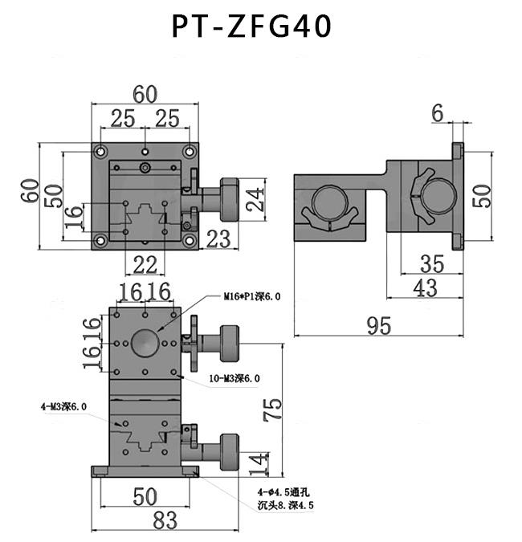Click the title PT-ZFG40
pos(251,26)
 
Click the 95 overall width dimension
pos(379,325)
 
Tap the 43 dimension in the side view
pos(425,288)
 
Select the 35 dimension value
pos(432,264)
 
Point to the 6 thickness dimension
pos(438,113)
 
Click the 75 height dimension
pos(273,410)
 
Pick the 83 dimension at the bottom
pos(165,520)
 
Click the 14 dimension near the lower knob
pos(259,464)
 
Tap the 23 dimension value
pos(218,238)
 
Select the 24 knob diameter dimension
pos(255,199)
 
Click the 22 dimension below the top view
pos(145,265)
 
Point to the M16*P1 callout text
pos(252,296)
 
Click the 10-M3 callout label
pos(234,378)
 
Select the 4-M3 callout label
pos(63,406)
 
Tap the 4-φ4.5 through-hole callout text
pos(286,499)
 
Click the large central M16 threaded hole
pos(145,343)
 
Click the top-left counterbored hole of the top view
pos(101,152)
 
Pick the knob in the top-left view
pos(230,199)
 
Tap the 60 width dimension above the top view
pos(145,95)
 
